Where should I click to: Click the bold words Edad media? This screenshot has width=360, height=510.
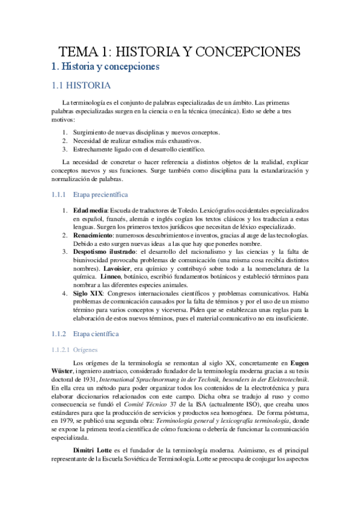point(90,211)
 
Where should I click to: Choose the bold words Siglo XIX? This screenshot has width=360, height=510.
point(87,293)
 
